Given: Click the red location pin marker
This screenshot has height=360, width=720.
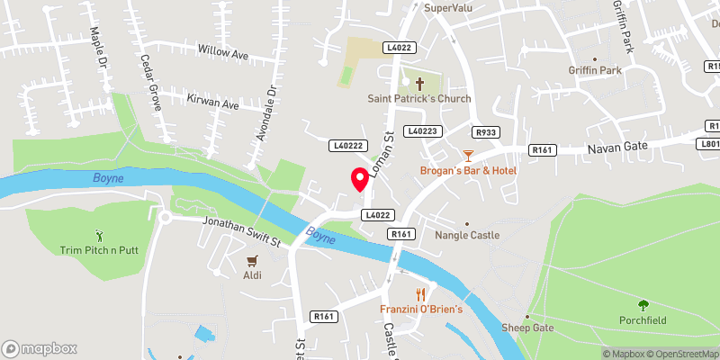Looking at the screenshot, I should click(x=361, y=180).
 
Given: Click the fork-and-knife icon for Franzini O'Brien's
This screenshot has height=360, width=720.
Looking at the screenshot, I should click(x=420, y=294).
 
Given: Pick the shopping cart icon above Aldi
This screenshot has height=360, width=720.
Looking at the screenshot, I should click(x=252, y=261).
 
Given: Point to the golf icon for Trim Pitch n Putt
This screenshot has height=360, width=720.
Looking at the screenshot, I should click(x=99, y=235).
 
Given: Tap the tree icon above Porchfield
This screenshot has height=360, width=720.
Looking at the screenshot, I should click(x=643, y=305).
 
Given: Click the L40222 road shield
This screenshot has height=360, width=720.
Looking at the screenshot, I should click(x=346, y=145).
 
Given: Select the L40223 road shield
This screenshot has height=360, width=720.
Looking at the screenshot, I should click(x=422, y=131).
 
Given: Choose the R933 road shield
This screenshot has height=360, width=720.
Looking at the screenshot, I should click(x=487, y=132).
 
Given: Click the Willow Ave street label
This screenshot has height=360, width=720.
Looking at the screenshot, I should click(x=222, y=53).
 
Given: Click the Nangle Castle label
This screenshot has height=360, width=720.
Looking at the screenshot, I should click(x=466, y=236).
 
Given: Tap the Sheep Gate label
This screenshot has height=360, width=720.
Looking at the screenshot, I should click(x=527, y=328).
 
